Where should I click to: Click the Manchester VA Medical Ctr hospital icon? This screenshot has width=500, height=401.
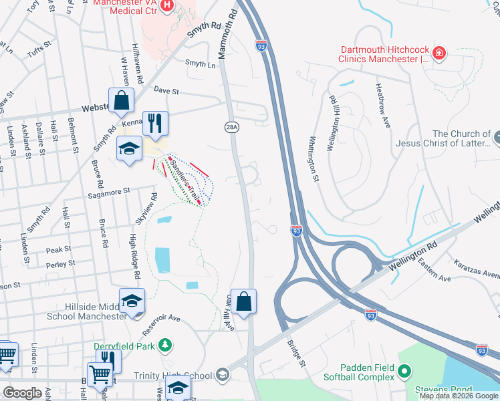tap(167, 6)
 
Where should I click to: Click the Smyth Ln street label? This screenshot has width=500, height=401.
tap(203, 65)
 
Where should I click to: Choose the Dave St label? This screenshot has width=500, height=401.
tap(166, 90)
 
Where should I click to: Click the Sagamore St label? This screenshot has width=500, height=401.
tap(108, 192)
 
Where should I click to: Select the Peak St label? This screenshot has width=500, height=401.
tap(59, 249)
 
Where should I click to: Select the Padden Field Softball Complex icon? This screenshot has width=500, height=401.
tap(404, 370)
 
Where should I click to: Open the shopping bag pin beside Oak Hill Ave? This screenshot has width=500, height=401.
tap(245, 302)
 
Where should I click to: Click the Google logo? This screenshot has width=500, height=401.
tap(23, 393)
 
